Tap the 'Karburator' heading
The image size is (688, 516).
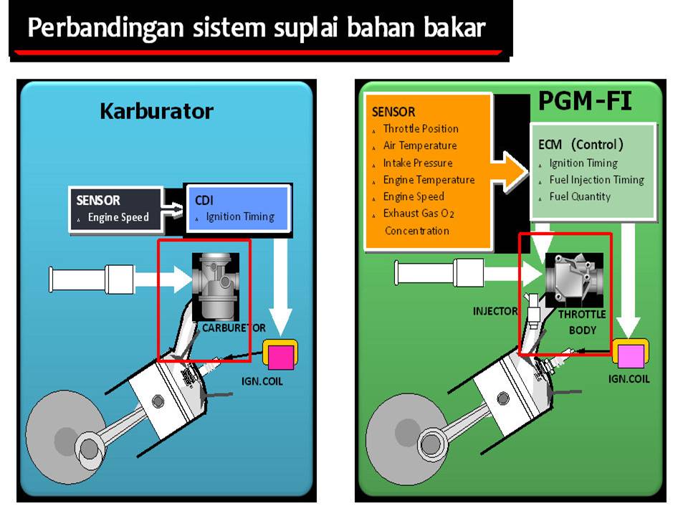coord(156,111)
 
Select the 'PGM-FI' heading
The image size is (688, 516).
coord(585,102)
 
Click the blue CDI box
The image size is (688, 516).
coord(237,209)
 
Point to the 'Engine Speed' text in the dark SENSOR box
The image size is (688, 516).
coord(118,217)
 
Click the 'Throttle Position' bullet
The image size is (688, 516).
coord(421,129)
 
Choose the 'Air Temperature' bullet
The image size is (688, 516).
coord(419,145)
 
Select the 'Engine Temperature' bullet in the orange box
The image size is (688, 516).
coord(429,180)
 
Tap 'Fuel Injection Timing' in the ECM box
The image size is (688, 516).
coord(596,180)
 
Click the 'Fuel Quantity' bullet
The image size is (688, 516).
coord(580,196)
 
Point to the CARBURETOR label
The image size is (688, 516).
coord(234,328)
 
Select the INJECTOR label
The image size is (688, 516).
coord(495,311)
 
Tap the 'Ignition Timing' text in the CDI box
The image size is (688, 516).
coord(240,216)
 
